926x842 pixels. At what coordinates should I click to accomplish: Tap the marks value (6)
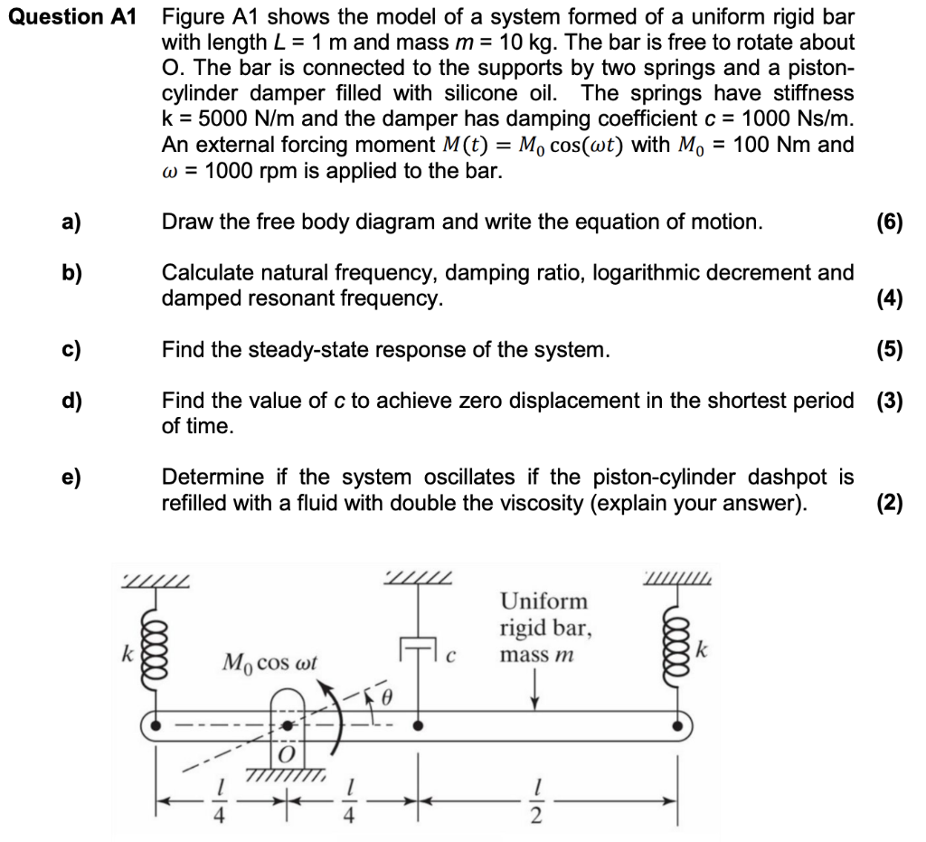coord(890,222)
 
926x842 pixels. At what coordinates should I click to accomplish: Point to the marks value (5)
coord(890,350)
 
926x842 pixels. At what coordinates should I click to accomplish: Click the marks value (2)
coord(890,504)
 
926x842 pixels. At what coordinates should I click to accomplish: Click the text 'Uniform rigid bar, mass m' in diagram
coord(543,626)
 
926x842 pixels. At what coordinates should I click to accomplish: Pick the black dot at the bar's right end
coord(677,724)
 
